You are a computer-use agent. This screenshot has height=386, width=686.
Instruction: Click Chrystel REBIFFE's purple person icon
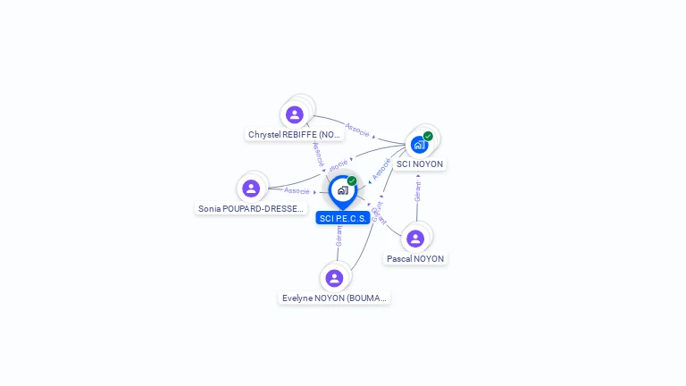point(295,115)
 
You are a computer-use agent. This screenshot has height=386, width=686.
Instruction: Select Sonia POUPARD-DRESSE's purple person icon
point(251,189)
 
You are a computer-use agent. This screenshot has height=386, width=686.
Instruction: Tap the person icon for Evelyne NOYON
point(334,278)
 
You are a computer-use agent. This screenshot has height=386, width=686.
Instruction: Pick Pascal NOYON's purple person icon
point(415,239)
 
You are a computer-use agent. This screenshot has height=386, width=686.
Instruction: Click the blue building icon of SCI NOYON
point(419,145)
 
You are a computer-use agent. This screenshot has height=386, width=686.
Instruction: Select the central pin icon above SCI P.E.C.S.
point(342,190)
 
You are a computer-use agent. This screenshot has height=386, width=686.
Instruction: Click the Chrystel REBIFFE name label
point(295,135)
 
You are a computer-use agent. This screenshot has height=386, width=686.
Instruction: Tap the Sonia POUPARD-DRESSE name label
point(251,208)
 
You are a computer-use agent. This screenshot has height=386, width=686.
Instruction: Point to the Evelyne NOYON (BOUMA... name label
point(335,298)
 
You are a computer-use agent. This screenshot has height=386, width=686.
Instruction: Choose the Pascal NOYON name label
point(415,258)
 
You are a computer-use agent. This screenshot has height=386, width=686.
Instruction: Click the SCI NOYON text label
point(420,164)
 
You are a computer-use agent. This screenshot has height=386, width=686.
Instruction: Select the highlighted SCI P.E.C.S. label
point(343,218)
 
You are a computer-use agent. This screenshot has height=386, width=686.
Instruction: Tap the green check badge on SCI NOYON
point(429,136)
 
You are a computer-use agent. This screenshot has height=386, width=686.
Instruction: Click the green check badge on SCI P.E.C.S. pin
point(352,181)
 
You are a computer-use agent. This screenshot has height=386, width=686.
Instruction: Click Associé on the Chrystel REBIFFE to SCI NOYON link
point(357,130)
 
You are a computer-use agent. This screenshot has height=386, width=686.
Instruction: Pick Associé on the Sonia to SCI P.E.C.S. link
point(297,191)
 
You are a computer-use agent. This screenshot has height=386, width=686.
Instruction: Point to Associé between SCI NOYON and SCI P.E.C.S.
point(381,168)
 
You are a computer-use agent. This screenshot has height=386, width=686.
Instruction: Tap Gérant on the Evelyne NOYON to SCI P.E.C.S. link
point(339,236)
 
